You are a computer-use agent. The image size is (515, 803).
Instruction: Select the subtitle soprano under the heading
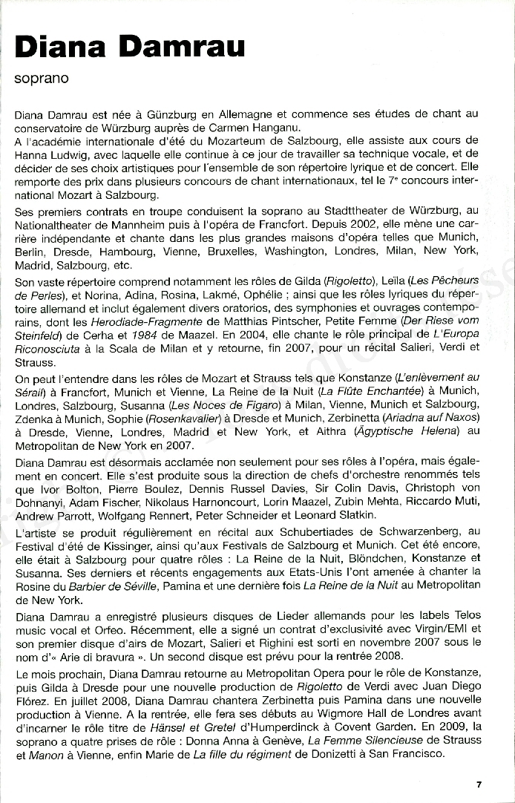click(42, 77)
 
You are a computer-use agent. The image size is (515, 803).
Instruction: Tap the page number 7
click(479, 784)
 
